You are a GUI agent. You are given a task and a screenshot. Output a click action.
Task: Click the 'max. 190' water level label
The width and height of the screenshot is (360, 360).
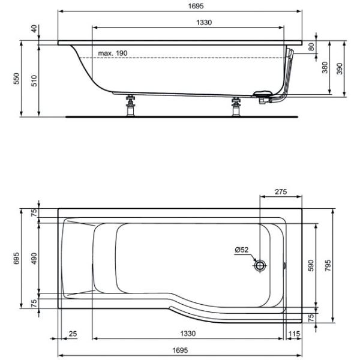[113, 53]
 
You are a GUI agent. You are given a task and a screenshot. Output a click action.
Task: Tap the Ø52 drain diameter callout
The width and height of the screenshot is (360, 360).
[242, 250]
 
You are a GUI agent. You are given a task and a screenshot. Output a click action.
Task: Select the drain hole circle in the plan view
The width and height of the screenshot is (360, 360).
[260, 266]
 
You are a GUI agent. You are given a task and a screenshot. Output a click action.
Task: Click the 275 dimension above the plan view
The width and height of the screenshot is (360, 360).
[281, 191]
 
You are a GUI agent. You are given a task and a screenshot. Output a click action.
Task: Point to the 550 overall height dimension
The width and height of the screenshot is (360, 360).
[16, 79]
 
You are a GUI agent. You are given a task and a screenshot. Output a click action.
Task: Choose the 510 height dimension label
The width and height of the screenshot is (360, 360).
[34, 81]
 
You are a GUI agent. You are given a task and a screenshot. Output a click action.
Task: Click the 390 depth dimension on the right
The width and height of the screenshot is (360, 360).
[340, 68]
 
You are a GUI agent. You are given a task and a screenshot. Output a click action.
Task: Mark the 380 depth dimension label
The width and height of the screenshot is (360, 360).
[325, 67]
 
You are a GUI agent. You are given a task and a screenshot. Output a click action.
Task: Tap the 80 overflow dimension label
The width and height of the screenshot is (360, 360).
[311, 47]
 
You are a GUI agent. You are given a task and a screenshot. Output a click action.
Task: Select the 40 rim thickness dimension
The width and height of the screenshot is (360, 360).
[34, 29]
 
